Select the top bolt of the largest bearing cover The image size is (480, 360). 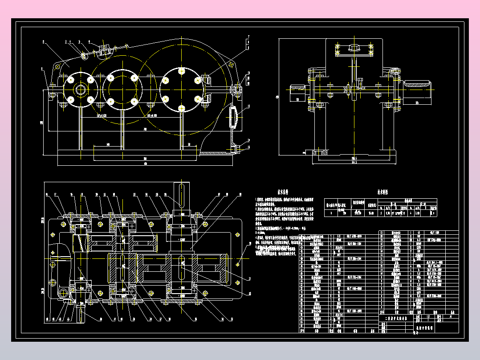click(182, 71)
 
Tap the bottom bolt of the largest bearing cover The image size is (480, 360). click(182, 108)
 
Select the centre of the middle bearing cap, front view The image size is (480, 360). click(122, 90)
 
